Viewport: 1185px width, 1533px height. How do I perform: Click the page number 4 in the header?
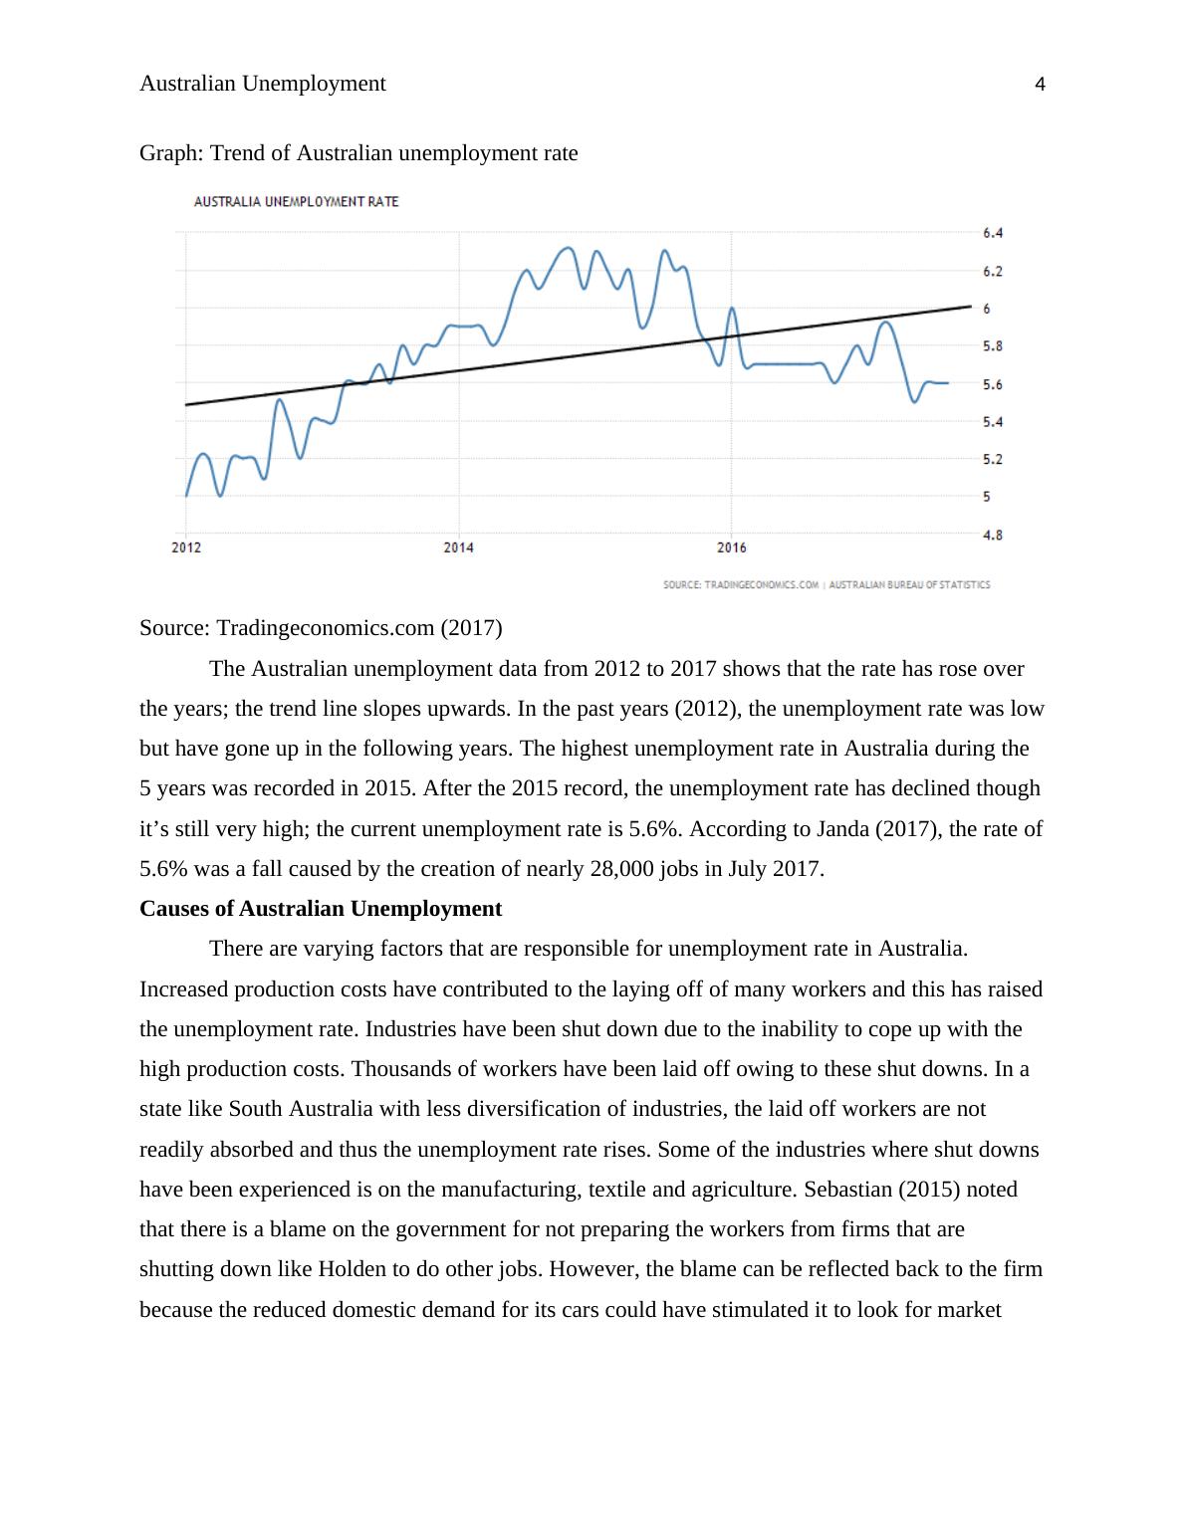coord(1041,86)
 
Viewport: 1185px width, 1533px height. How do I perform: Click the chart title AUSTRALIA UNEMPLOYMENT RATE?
coord(296,202)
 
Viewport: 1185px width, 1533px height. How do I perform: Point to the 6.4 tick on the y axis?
coord(993,233)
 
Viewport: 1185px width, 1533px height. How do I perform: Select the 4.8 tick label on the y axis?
coord(993,535)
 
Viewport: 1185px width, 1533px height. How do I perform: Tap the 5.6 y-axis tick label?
coord(993,384)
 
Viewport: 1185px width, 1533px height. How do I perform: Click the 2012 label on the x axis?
coord(186,547)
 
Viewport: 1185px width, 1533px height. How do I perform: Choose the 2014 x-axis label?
coord(458,547)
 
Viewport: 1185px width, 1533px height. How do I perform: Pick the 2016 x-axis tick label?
coord(731,547)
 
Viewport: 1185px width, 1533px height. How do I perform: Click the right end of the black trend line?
coord(970,307)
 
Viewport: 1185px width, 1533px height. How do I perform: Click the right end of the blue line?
coord(947,382)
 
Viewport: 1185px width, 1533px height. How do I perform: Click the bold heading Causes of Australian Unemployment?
coord(321,909)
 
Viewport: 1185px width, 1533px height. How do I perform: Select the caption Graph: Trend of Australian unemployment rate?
coord(358,153)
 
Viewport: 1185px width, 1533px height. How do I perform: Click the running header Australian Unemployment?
coord(263,84)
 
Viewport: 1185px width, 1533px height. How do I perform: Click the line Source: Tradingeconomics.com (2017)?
coord(321,628)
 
